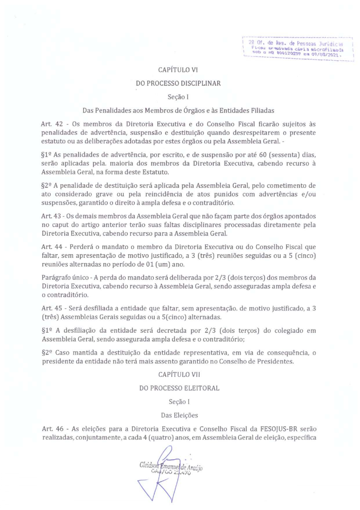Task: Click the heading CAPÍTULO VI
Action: pyautogui.click(x=178, y=70)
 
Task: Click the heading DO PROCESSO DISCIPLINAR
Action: pyautogui.click(x=178, y=83)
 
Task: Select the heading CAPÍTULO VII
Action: pyautogui.click(x=179, y=375)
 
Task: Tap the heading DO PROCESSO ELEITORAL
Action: pyautogui.click(x=179, y=388)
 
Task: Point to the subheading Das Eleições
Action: pyautogui.click(x=179, y=415)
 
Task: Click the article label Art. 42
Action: pyautogui.click(x=52, y=124)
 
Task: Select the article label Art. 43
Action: pyautogui.click(x=51, y=216)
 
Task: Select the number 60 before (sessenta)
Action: pyautogui.click(x=263, y=155)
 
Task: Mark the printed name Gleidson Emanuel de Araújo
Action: pyautogui.click(x=171, y=467)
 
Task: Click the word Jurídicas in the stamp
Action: pyautogui.click(x=331, y=44)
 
